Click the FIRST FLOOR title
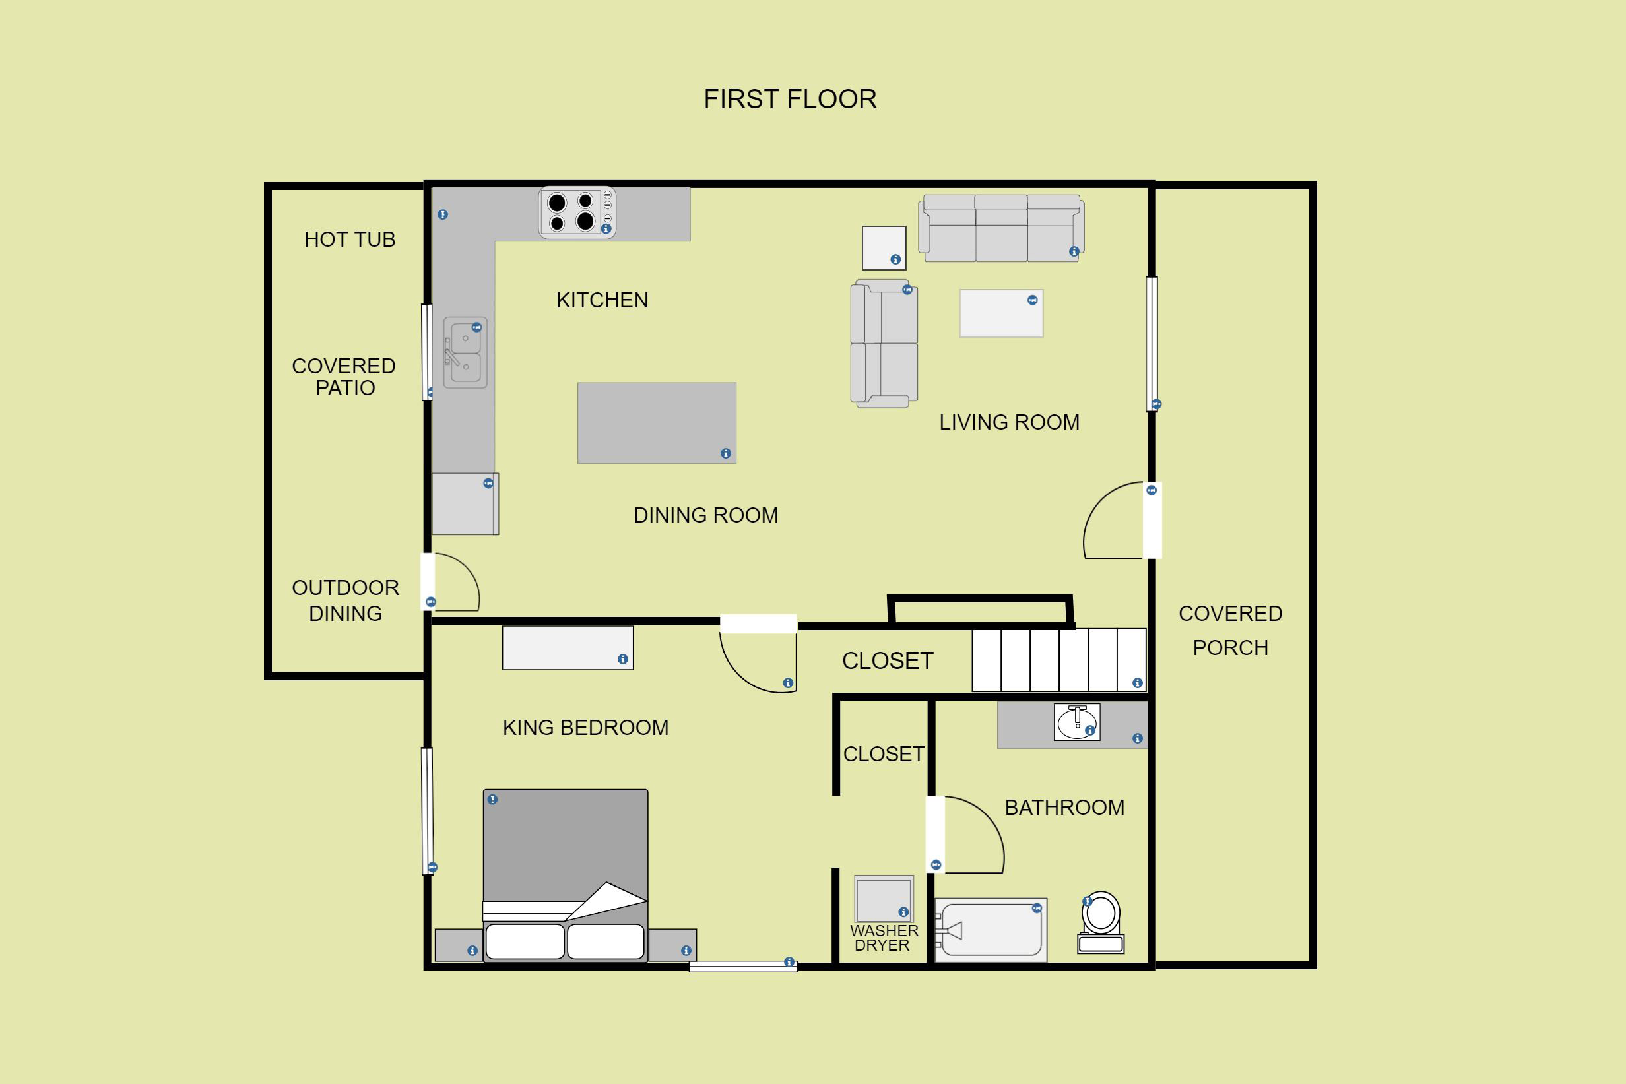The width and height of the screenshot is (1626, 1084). (x=790, y=100)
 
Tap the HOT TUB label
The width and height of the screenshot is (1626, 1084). (x=350, y=239)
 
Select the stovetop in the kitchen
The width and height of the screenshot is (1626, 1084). (x=577, y=212)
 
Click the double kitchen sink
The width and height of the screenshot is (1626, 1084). (x=465, y=352)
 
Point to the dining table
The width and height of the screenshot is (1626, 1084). (x=657, y=423)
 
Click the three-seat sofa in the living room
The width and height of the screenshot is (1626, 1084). (x=1001, y=228)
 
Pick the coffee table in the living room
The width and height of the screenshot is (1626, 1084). (x=1001, y=313)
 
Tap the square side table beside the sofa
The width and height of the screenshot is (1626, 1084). (x=884, y=247)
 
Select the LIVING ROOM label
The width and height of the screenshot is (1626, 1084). (x=1010, y=422)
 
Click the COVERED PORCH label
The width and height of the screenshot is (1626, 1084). (x=1231, y=631)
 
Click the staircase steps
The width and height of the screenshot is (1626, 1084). (x=1059, y=660)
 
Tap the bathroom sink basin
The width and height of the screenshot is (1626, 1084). (x=1077, y=722)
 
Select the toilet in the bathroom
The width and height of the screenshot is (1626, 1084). (x=1101, y=923)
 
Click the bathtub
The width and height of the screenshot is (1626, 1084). (x=991, y=930)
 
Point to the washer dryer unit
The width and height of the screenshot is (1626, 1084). (x=884, y=899)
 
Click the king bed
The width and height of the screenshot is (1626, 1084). (x=566, y=876)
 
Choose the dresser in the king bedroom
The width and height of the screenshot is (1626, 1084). (x=568, y=648)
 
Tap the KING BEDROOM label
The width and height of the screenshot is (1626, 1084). (x=585, y=728)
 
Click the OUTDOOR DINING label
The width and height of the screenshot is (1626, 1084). (x=346, y=600)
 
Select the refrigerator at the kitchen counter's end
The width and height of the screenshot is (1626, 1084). (x=465, y=504)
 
